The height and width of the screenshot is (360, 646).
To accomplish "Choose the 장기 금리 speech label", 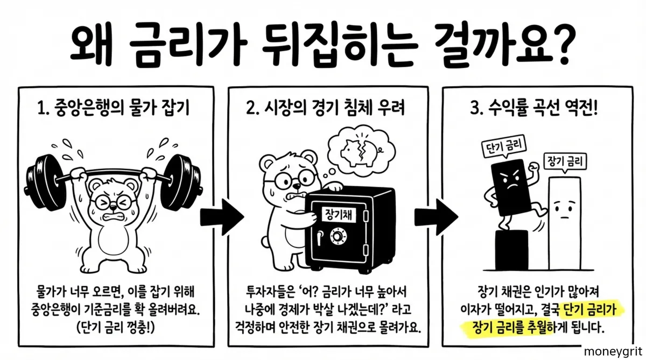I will click(x=566, y=161).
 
